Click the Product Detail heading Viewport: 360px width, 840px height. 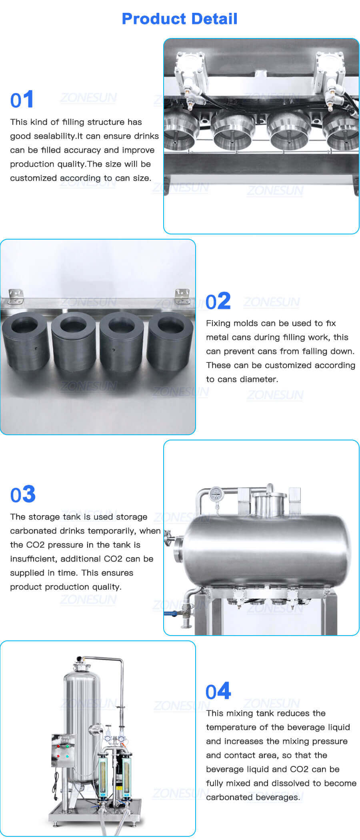180,19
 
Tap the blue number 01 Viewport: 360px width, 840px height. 22,100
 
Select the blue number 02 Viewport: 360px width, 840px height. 218,301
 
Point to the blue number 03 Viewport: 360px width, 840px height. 23,494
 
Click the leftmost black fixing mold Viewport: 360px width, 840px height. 26,340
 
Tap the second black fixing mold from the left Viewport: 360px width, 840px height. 74,340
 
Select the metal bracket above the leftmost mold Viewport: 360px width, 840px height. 16,296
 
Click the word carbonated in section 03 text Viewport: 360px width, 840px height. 33,531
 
